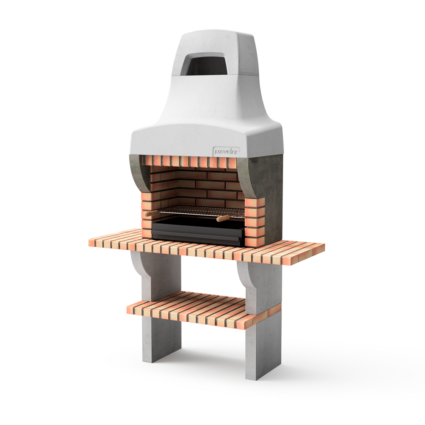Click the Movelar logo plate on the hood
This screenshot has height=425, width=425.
tap(227, 151)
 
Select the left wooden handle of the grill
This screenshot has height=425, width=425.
tap(152, 213)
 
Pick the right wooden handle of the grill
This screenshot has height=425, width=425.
tap(223, 218)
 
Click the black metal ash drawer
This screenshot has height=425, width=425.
tap(198, 233)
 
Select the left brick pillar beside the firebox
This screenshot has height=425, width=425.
tap(147, 212)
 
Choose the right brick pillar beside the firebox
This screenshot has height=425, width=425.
tap(255, 221)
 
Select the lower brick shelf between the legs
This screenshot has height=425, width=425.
tap(191, 308)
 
